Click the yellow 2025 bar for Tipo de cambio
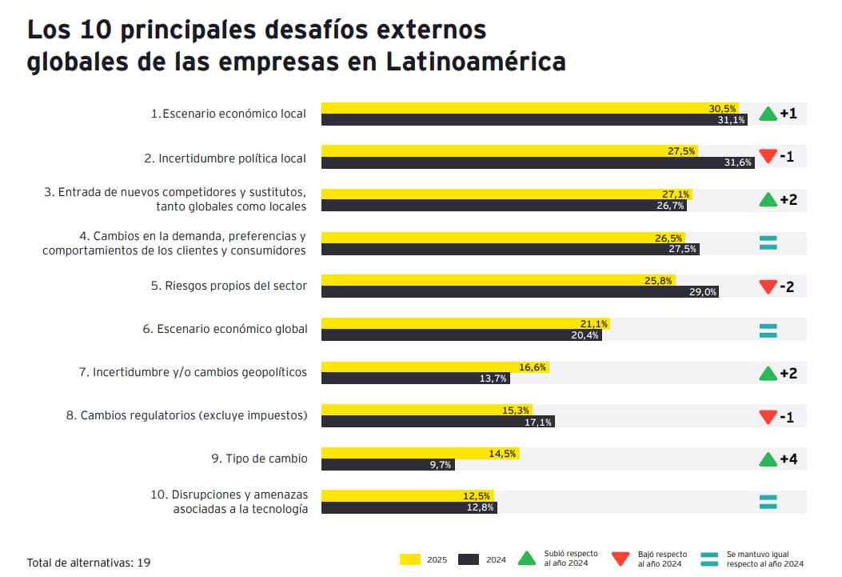(x=420, y=453)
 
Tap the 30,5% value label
(x=722, y=108)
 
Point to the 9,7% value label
(x=441, y=464)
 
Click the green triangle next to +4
(x=768, y=459)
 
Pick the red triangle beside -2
(x=768, y=286)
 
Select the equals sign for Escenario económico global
(x=768, y=330)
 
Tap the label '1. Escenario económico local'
(x=229, y=114)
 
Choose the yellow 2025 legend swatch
(x=410, y=559)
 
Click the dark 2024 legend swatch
(x=468, y=559)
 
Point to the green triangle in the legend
(x=527, y=559)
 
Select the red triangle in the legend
(x=621, y=559)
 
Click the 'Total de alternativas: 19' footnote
(x=89, y=563)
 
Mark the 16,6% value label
(x=533, y=367)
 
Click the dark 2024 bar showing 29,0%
(x=520, y=292)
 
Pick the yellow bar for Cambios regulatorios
(x=426, y=410)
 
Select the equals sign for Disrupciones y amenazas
(x=768, y=502)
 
